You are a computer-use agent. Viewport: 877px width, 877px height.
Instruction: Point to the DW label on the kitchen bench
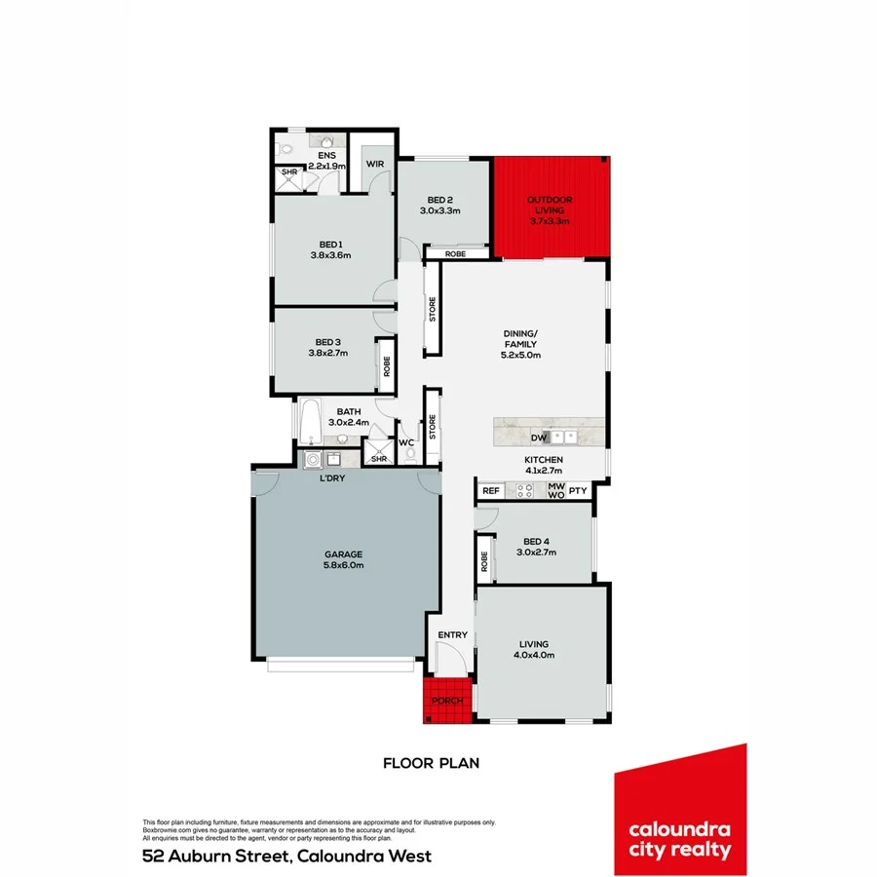tap(536, 438)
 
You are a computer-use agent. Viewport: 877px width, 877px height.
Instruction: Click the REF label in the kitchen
tap(490, 491)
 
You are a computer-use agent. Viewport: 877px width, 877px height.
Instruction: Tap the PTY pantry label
tap(578, 491)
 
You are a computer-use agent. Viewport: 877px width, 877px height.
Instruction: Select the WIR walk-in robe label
tap(374, 165)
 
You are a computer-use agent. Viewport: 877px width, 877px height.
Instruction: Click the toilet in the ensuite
tap(284, 149)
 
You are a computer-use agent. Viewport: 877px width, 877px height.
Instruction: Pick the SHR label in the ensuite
tap(289, 173)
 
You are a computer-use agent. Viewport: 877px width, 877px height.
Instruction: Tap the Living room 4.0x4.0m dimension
tap(534, 655)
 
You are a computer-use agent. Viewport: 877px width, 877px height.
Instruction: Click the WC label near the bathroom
tap(406, 442)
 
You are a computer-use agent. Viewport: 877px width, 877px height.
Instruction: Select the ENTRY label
tap(452, 635)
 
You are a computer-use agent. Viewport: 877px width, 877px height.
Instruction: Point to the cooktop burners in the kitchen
tap(525, 491)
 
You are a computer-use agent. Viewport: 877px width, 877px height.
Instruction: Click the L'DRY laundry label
tap(333, 478)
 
